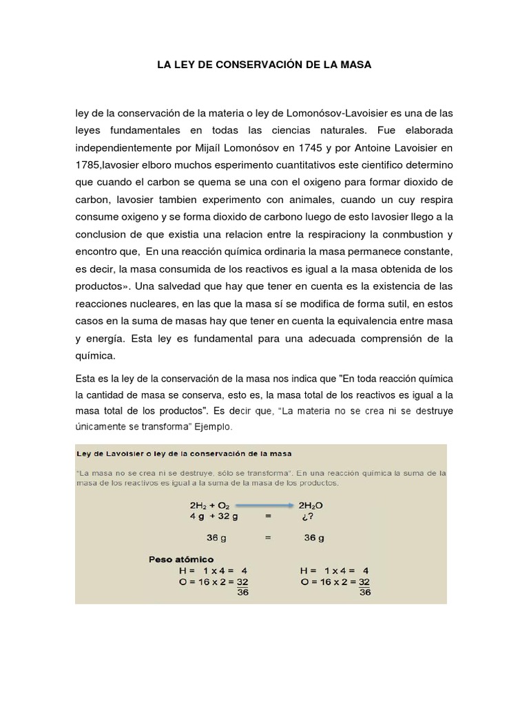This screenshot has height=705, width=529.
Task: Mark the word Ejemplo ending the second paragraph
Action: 214,427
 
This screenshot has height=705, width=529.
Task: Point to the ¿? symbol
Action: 307,516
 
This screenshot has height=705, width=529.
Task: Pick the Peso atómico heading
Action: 181,559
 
